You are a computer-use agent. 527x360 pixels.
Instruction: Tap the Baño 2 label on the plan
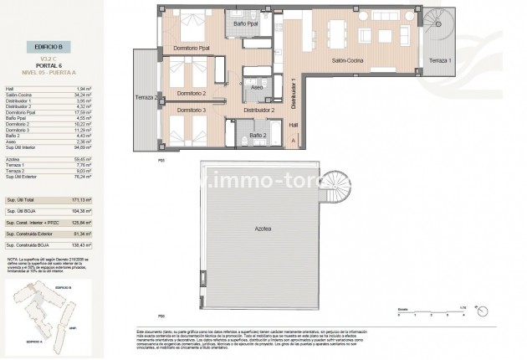(x=258, y=134)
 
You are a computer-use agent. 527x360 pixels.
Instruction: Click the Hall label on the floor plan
(x=293, y=126)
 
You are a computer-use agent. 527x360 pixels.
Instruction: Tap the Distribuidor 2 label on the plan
(x=258, y=110)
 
